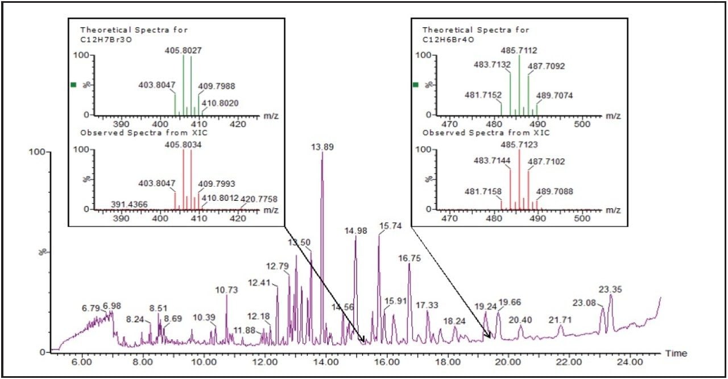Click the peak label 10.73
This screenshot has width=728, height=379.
tap(226, 290)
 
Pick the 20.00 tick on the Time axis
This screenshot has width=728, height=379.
tap(508, 361)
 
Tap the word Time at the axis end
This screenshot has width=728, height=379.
tap(676, 353)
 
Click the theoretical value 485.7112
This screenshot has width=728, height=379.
tap(519, 50)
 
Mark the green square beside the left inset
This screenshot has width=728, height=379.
tap(73, 85)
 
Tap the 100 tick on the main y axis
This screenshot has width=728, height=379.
tap(38, 153)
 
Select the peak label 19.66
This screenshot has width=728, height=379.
tap(510, 302)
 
